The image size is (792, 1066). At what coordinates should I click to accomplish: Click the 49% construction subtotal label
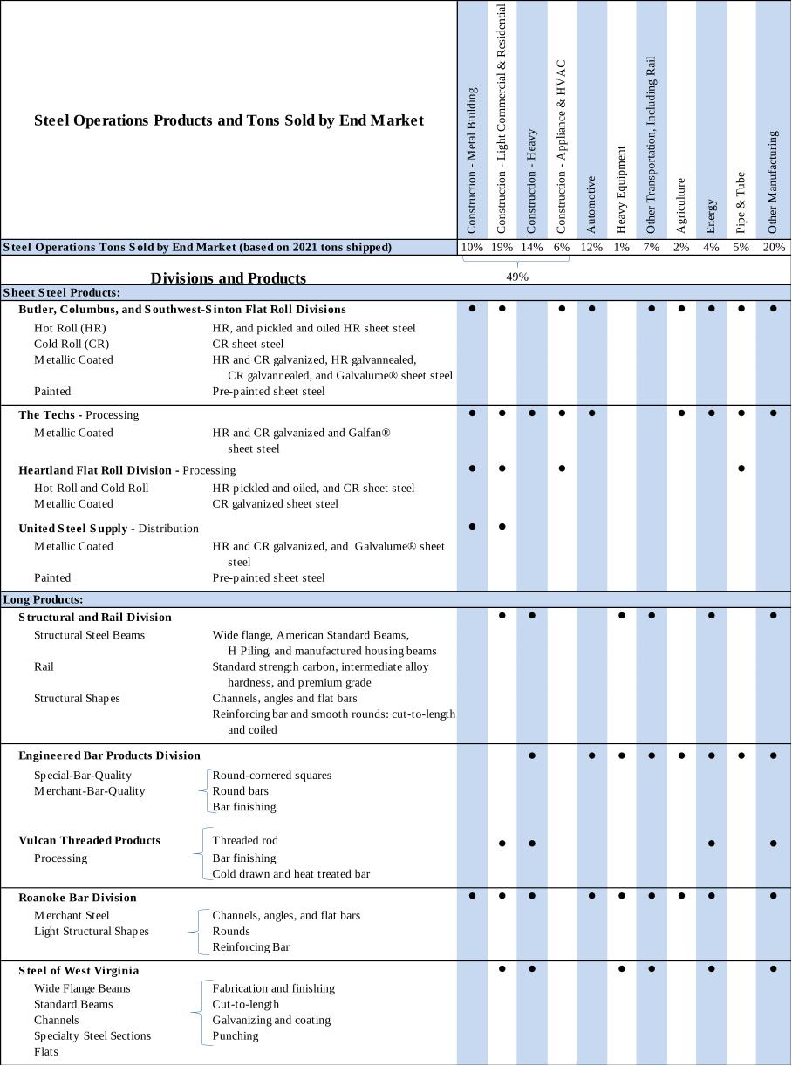pos(517,277)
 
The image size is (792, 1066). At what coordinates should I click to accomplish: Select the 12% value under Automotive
pos(591,247)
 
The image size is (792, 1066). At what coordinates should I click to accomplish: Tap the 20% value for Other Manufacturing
pos(773,247)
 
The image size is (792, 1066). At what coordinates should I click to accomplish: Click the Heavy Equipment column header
pos(621,189)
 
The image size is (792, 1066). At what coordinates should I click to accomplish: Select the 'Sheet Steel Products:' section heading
pos(62,292)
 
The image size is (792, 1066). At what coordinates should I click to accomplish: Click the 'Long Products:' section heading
pos(44,599)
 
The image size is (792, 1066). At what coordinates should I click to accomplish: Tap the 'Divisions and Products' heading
pos(229,278)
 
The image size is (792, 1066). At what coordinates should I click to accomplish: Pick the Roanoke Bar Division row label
pos(78,897)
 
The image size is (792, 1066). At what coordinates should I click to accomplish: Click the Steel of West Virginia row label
pos(79,970)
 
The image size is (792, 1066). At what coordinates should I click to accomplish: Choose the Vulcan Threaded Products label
pos(90,840)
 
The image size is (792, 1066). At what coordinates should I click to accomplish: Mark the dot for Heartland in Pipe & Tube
pos(741,468)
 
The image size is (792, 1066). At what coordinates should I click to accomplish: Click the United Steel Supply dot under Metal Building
pos(472,527)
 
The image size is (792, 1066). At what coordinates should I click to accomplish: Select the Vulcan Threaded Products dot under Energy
pos(712,844)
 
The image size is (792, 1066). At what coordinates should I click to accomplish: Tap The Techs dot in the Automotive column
pos(591,413)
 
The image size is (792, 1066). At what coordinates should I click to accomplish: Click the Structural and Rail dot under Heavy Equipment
pos(622,616)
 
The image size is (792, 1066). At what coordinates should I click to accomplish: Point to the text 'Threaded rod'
pos(244,840)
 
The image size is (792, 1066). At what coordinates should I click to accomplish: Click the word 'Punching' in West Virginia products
pos(236,1035)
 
